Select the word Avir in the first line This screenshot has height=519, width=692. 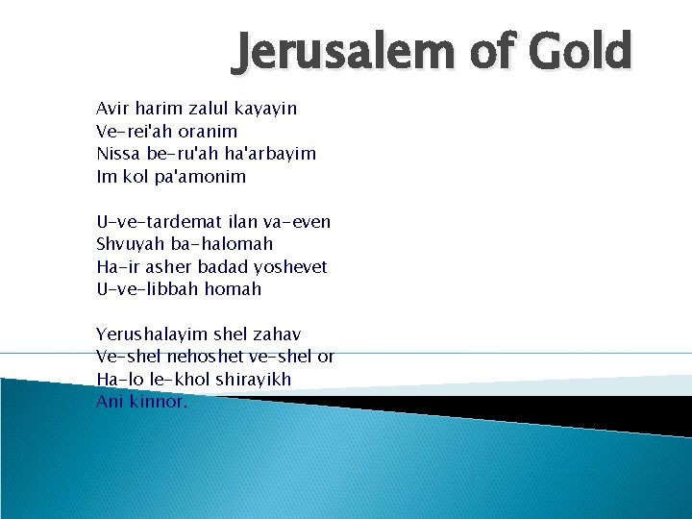[113, 109]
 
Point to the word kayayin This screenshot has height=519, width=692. [262, 110]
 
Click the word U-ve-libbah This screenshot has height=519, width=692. [144, 289]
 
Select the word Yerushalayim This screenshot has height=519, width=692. [150, 334]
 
